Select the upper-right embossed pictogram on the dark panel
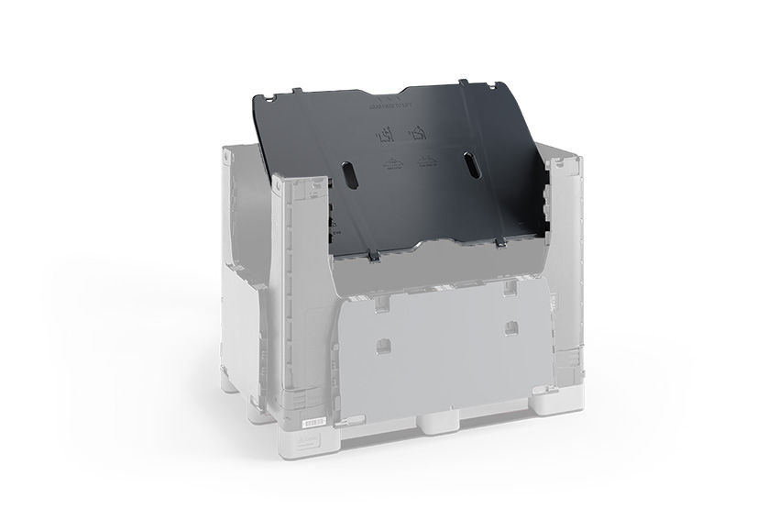coord(419,134)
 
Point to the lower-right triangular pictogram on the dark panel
coord(424,160)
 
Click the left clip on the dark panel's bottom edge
coord(373,257)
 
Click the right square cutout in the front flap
coord(510,326)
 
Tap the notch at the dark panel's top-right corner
coord(495,83)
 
